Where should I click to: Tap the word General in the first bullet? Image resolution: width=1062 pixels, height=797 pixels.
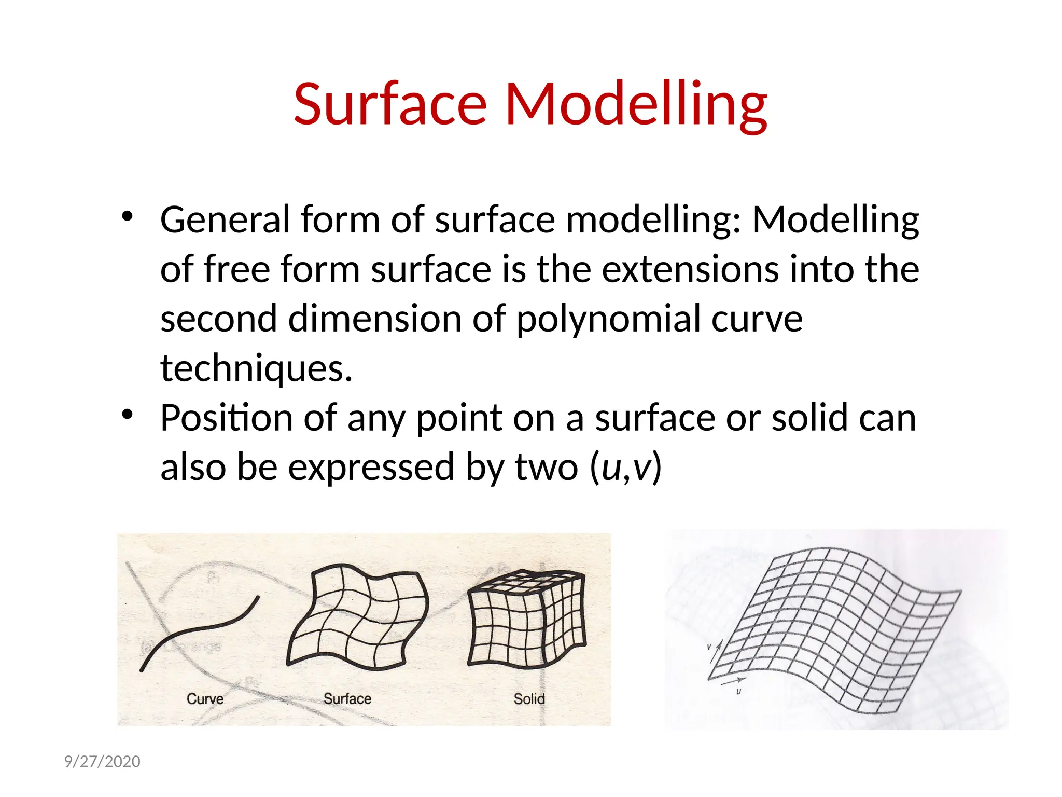(225, 219)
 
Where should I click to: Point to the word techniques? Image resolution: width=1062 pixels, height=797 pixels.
(256, 367)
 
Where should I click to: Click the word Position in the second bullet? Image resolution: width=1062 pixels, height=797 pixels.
(226, 417)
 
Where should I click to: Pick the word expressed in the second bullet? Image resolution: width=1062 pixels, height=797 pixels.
(371, 466)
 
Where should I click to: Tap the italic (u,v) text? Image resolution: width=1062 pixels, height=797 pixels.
(626, 466)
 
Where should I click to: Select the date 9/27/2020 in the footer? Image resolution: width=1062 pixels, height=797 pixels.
(102, 761)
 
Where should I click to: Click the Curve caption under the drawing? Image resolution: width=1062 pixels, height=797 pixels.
(205, 699)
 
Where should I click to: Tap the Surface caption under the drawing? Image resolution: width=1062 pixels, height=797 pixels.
(347, 698)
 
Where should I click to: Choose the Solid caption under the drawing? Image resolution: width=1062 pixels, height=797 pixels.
(529, 699)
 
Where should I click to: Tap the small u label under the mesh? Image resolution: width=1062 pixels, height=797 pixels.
(738, 692)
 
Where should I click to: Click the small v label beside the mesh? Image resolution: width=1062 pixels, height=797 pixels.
(709, 647)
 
